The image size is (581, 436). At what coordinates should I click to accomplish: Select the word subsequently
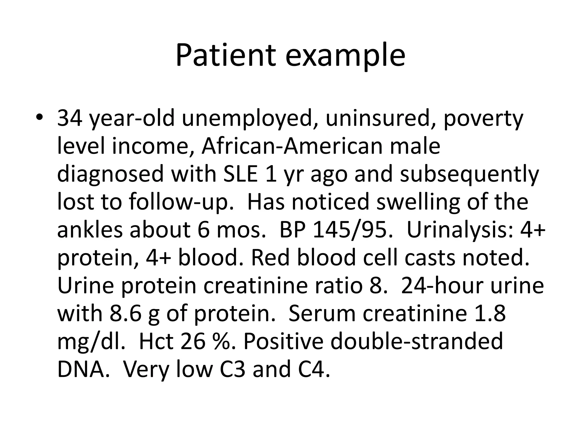(469, 174)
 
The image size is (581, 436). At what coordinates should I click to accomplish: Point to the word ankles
(90, 229)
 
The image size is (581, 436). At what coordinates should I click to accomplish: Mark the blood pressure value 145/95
(353, 229)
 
